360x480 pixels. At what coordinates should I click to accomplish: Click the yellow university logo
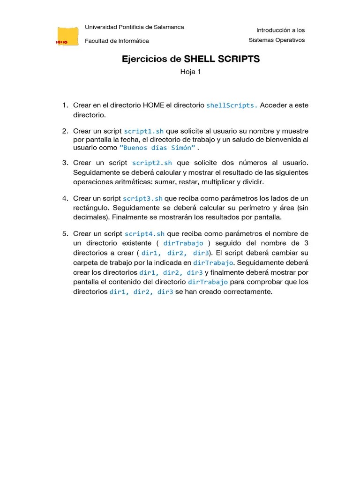click(67, 36)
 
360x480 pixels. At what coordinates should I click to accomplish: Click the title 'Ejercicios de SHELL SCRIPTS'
click(191, 59)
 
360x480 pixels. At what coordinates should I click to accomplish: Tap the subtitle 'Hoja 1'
click(190, 72)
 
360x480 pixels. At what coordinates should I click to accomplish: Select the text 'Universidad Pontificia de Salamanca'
click(134, 27)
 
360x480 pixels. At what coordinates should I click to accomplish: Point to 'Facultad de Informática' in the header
click(117, 41)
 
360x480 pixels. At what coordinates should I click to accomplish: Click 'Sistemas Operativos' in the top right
click(277, 40)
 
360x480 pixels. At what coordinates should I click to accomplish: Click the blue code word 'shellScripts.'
click(232, 105)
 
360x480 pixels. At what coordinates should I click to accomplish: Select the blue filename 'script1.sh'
click(143, 131)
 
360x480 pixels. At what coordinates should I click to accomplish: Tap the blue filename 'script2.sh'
click(152, 163)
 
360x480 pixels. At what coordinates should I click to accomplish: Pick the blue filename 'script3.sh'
click(142, 199)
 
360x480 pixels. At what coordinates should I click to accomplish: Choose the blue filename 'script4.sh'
click(144, 234)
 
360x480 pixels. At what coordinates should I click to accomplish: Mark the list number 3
click(65, 163)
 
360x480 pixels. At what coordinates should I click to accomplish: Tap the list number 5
click(65, 233)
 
